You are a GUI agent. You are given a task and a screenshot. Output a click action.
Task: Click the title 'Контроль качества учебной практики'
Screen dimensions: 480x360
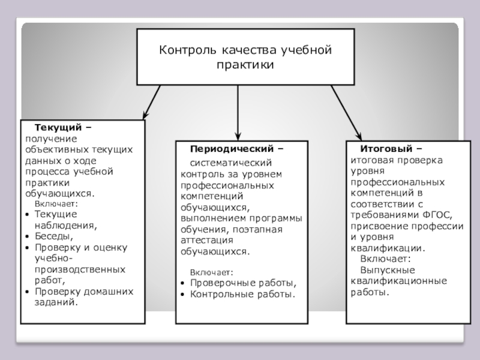coord(245,56)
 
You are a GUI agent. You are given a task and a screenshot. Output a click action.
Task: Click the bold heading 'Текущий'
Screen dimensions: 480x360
coord(58,128)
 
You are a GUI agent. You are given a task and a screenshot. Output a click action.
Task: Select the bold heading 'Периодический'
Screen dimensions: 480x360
coord(233,148)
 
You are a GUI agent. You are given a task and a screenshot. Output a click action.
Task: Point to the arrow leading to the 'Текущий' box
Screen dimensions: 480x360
coord(151,101)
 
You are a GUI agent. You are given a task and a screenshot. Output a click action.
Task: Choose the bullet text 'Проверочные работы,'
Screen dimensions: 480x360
coord(243,283)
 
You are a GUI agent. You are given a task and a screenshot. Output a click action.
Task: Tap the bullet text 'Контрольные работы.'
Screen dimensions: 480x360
coord(242,294)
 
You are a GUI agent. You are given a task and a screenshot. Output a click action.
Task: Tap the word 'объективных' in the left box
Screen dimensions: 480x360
coord(58,149)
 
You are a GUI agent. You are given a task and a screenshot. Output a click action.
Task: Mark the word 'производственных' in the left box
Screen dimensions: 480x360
coord(80,269)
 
